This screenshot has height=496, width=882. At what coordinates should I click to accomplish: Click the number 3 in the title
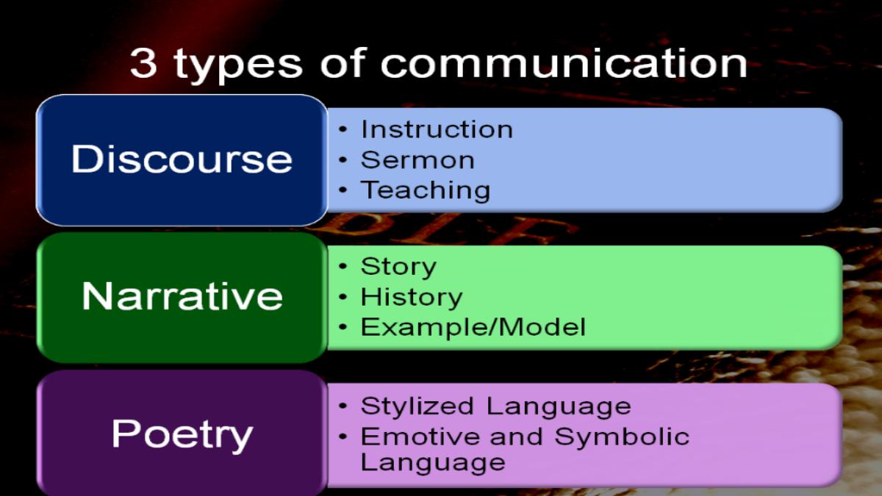coord(143,62)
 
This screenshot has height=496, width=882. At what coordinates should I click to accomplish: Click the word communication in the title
coord(564,62)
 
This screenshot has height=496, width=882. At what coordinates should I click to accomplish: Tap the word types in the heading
coord(238,65)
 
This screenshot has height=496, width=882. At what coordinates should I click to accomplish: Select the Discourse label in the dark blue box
coord(182,159)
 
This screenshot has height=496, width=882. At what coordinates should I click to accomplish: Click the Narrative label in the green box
coord(182,296)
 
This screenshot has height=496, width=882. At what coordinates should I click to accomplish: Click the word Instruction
coord(437,129)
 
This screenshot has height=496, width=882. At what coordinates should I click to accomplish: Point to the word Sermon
coord(417,160)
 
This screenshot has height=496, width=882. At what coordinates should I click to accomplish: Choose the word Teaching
coord(426,191)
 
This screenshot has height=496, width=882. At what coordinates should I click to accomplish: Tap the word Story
coord(398,267)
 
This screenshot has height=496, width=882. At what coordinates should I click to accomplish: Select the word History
coord(412,298)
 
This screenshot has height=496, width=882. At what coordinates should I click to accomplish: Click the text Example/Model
coord(473,327)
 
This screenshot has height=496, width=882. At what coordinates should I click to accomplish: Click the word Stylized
coord(417,406)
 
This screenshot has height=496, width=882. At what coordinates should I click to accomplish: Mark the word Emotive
coord(420,436)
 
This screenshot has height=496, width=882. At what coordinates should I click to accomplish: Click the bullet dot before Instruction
coord(343,129)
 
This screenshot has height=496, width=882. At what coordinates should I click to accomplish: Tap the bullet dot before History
coord(343,297)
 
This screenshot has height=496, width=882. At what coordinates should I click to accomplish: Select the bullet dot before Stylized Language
coord(343,406)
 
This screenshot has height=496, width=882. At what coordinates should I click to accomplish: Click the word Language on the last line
coord(433,463)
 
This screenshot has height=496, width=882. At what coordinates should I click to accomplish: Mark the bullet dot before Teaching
coord(343,190)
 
